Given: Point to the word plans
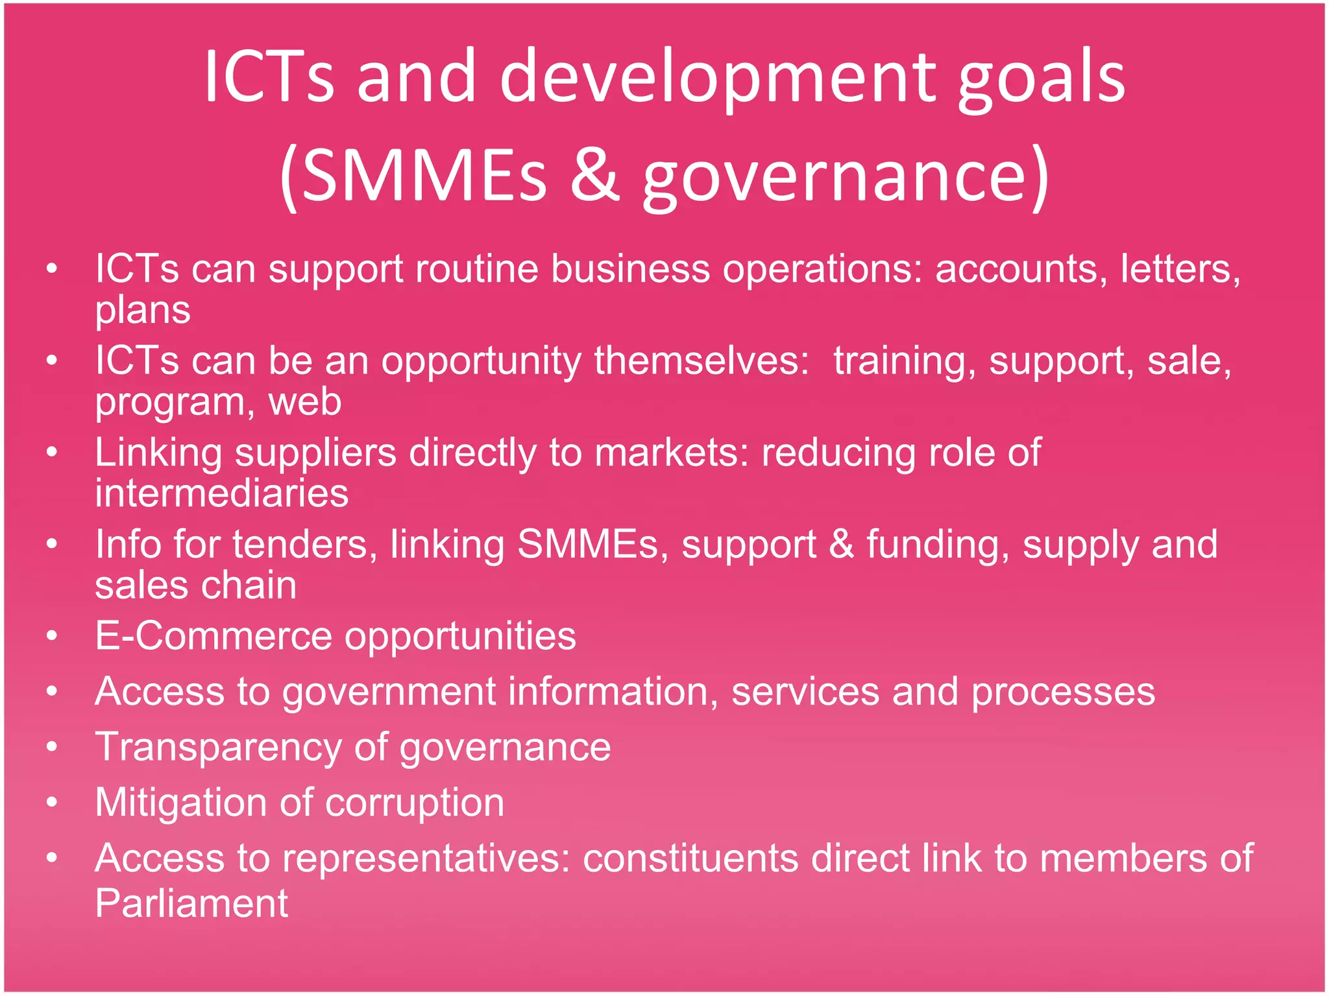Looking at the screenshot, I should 143,310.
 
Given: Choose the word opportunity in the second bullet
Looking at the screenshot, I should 481,361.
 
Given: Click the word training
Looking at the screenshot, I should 905,361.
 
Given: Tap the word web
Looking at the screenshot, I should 305,402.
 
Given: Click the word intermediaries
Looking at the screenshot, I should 222,493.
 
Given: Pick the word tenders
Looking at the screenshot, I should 305,544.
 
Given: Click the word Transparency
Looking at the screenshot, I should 218,747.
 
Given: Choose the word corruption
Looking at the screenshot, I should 415,803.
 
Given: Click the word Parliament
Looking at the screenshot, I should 191,903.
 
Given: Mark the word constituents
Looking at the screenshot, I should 690,859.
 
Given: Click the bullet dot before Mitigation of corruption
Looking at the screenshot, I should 53,803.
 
